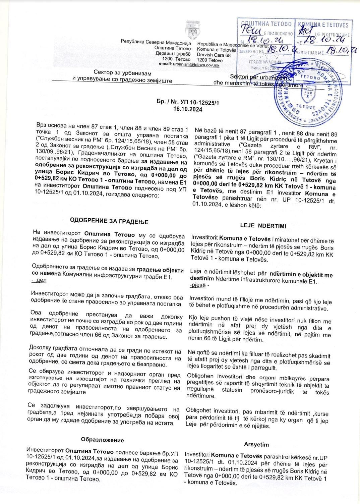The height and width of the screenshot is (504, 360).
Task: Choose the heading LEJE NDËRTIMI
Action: pos(263,226)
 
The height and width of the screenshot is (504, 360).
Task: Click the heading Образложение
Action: pos(102,440)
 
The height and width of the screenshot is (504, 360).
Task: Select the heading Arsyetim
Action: pos(256,444)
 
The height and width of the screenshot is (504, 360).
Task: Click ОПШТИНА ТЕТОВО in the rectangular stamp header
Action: pos(267,24)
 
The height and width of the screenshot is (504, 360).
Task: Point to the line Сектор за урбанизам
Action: pos(122,73)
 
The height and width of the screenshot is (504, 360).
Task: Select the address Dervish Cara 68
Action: pos(214,55)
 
